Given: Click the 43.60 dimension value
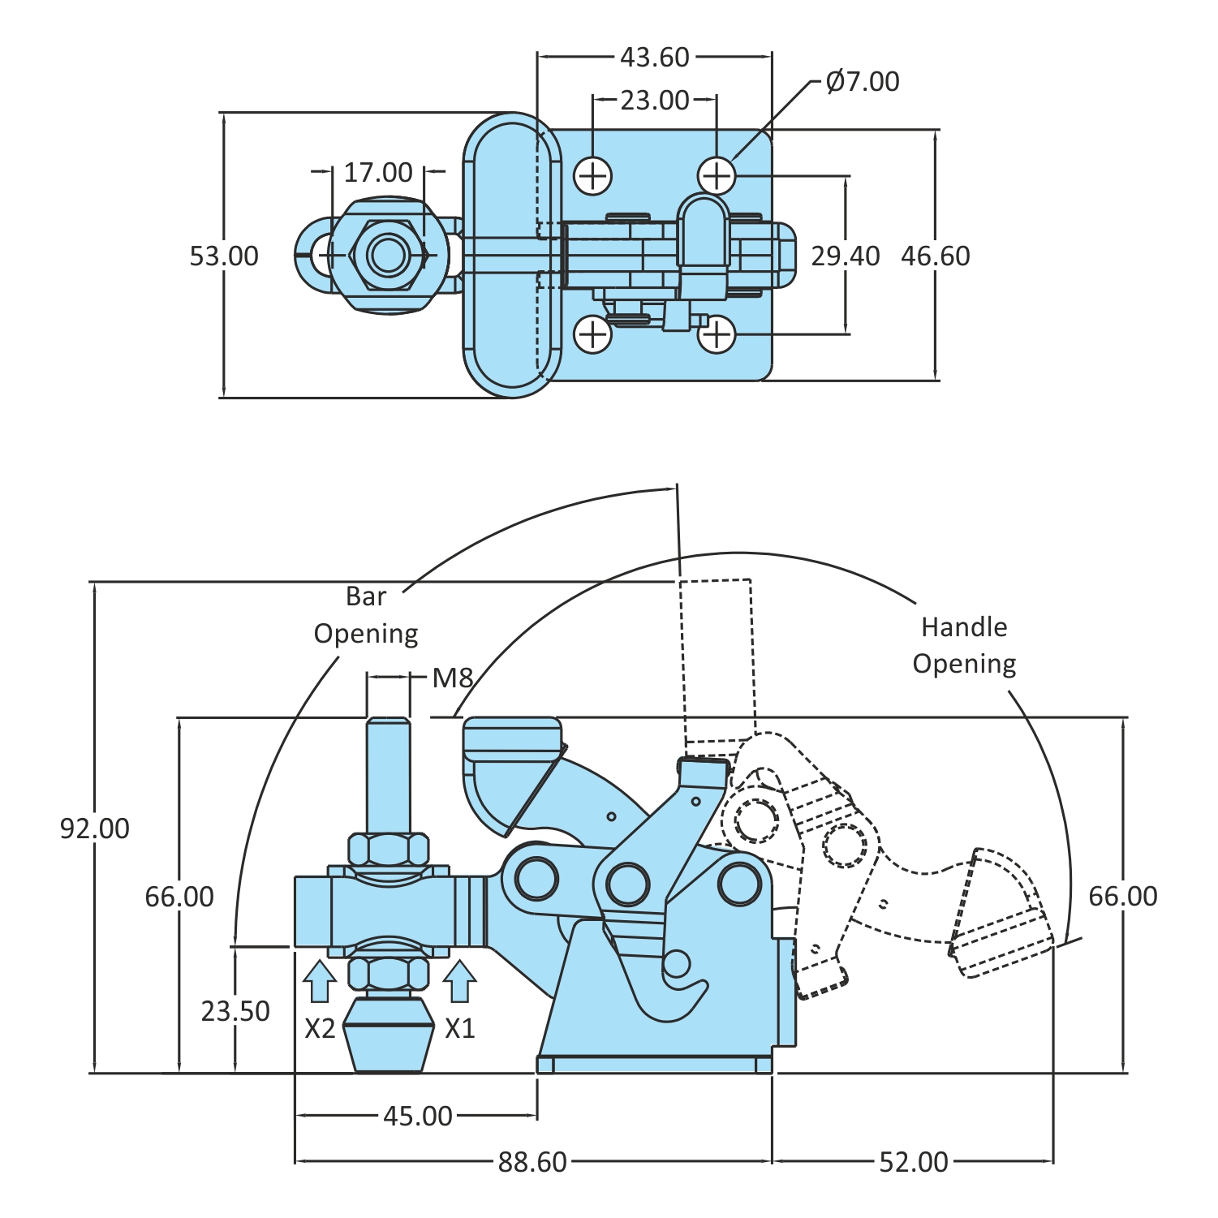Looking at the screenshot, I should click(x=654, y=58).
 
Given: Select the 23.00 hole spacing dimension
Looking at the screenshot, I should click(x=654, y=101).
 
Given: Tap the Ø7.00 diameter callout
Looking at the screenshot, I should click(x=862, y=82).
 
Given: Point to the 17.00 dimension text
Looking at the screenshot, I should click(x=378, y=173).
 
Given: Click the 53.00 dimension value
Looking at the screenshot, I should click(x=224, y=256).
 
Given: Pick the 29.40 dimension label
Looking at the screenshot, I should click(x=846, y=256).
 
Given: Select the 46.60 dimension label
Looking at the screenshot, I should click(x=936, y=256).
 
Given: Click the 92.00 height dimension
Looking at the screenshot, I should click(x=95, y=828).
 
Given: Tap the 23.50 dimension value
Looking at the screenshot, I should click(x=235, y=1011).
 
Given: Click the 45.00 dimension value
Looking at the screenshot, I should click(x=418, y=1117).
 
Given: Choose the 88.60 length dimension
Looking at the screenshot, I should click(x=532, y=1162).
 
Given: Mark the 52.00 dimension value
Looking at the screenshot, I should click(x=914, y=1162).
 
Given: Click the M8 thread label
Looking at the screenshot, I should click(x=452, y=678).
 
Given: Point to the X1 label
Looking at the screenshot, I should click(x=460, y=1029).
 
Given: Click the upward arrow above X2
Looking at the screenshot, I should click(x=320, y=980).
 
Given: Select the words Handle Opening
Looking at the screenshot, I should click(x=964, y=645).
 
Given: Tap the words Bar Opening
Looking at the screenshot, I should click(x=366, y=615).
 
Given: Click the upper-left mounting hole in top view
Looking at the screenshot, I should click(x=593, y=176).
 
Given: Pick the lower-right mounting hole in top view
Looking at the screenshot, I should click(x=717, y=334).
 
